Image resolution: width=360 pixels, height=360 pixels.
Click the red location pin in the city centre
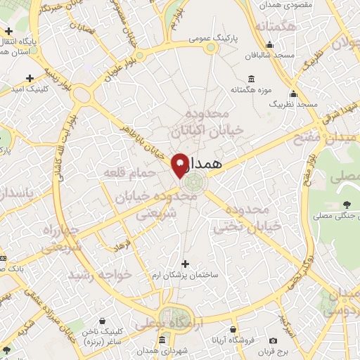(180, 163)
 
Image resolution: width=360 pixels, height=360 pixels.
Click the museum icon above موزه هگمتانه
(252, 79)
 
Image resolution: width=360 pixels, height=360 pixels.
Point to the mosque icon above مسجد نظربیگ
(293, 94)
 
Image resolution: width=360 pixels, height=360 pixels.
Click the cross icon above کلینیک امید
(30, 78)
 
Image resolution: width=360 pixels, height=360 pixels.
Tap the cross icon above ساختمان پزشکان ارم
(185, 264)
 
